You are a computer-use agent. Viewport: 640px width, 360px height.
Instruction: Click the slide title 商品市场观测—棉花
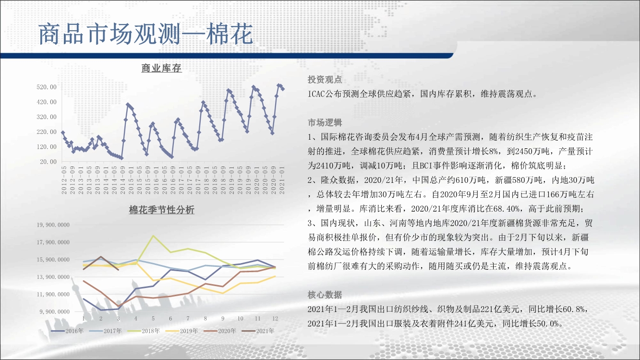pyautogui.click(x=145, y=34)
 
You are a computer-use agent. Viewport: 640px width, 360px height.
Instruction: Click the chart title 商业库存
pyautogui.click(x=161, y=68)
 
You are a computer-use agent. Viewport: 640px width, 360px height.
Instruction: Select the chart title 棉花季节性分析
pyautogui.click(x=161, y=210)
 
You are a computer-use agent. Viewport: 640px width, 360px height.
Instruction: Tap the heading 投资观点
pyautogui.click(x=325, y=79)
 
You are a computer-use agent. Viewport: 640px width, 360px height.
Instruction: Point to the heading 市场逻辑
pyautogui.click(x=325, y=122)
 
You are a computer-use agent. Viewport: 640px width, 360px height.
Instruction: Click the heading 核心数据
pyautogui.click(x=325, y=295)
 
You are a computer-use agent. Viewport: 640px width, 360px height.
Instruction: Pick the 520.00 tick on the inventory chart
pyautogui.click(x=47, y=87)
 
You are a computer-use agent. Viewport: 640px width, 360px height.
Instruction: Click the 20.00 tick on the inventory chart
pyautogui.click(x=48, y=162)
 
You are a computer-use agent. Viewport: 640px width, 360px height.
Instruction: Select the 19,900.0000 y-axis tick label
pyautogui.click(x=53, y=225)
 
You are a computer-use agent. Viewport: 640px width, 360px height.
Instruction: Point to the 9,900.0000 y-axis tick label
pyautogui.click(x=55, y=312)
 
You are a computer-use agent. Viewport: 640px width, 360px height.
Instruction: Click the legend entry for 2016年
pyautogui.click(x=67, y=331)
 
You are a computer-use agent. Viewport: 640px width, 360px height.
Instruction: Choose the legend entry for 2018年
pyautogui.click(x=144, y=331)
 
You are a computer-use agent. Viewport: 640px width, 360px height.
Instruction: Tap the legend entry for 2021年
pyautogui.click(x=258, y=331)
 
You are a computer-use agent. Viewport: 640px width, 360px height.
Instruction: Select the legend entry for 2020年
pyautogui.click(x=220, y=331)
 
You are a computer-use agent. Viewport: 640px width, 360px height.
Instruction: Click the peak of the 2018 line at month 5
pyautogui.click(x=153, y=236)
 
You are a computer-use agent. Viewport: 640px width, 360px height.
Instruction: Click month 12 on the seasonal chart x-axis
pyautogui.click(x=275, y=319)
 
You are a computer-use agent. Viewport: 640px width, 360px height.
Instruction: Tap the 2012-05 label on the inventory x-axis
pyautogui.click(x=64, y=180)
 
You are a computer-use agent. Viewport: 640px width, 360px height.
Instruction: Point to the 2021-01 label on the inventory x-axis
pyautogui.click(x=282, y=180)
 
